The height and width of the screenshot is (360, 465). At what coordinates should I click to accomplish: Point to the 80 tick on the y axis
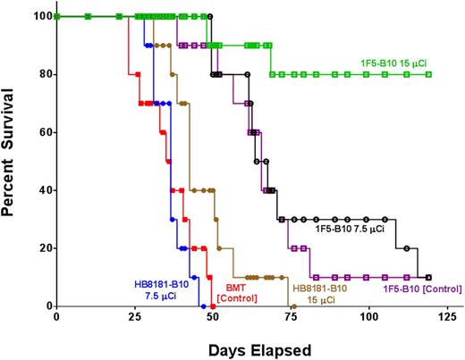[x=43, y=74]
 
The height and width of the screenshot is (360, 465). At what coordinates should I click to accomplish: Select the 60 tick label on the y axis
[x=43, y=132]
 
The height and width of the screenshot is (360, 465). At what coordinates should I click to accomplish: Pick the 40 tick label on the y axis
[x=43, y=190]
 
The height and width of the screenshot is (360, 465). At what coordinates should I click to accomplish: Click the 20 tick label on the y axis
[x=43, y=248]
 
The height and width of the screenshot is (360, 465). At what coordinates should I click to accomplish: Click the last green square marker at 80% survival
[x=429, y=75]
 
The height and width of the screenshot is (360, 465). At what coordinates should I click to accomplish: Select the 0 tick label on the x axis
[x=56, y=318]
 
